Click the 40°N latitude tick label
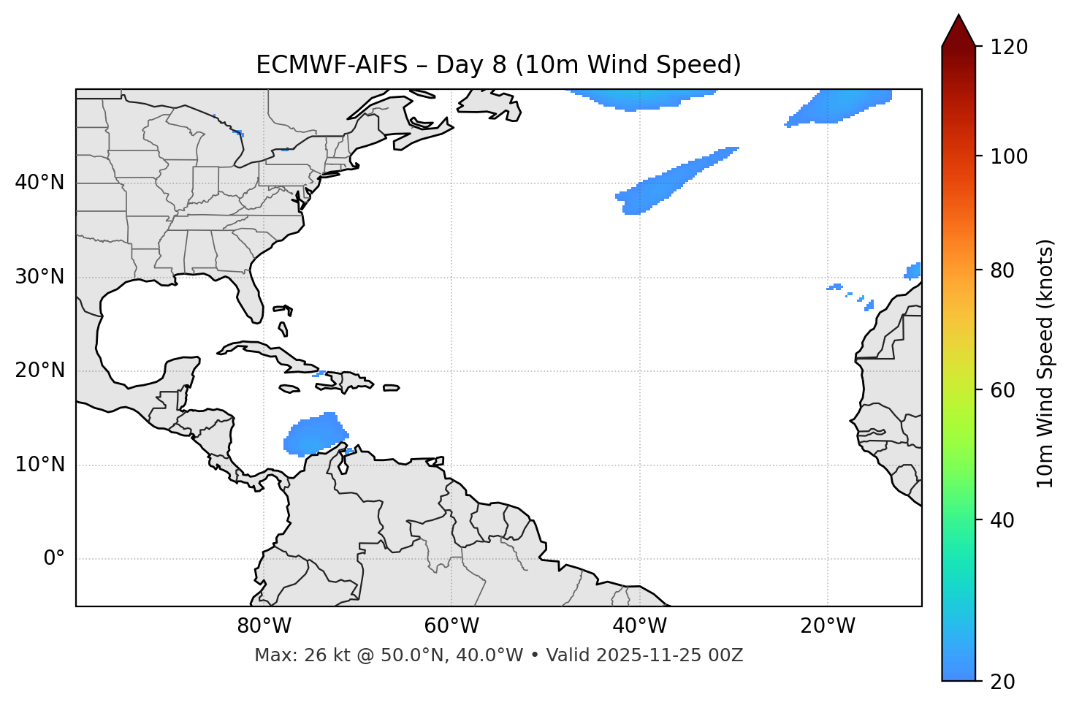coord(39,183)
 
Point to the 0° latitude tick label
coord(54,559)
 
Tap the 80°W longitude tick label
coord(264,626)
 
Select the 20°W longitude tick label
coord(828,626)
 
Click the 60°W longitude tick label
coord(451,626)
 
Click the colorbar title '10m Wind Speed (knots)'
coord(1045,363)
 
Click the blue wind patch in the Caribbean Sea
coord(313,435)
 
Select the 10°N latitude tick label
coord(39,465)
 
